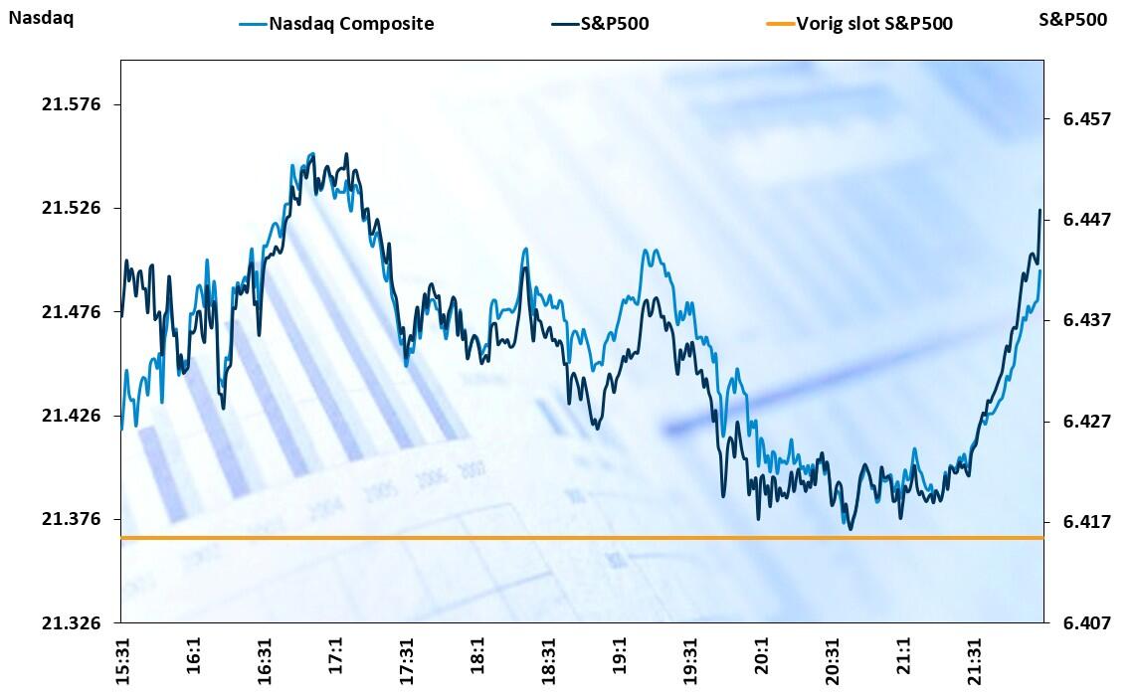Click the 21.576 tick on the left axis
(x=71, y=104)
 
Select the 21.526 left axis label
(x=71, y=208)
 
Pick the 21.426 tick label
(x=71, y=416)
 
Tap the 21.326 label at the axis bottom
(x=71, y=622)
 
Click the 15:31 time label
(x=123, y=657)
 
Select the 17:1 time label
(x=335, y=657)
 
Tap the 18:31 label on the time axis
(x=549, y=657)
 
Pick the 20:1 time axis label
(x=761, y=657)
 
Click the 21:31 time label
(x=974, y=657)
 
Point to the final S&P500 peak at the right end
(x=1040, y=211)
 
